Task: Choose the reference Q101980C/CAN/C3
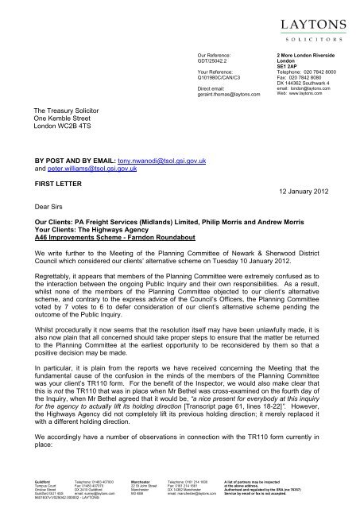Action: point(222,80)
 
